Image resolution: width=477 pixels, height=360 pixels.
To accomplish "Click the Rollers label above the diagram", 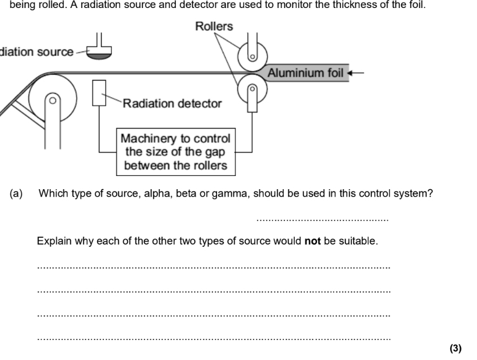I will [x=214, y=26].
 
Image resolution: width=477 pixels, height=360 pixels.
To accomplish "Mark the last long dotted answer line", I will [x=214, y=338].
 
